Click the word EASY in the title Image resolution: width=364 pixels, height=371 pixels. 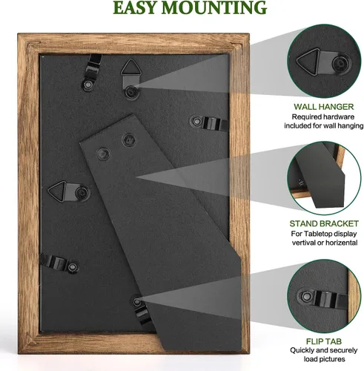[135, 7]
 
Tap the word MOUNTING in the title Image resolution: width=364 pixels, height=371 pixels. [214, 7]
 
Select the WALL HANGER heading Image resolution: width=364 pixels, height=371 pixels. [324, 107]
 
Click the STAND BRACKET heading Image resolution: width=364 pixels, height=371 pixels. [324, 223]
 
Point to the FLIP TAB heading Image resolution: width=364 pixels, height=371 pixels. [324, 341]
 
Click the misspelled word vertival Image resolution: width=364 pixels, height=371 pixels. [303, 243]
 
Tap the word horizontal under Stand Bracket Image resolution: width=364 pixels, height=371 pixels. [341, 243]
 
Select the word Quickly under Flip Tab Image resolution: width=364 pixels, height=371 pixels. [302, 350]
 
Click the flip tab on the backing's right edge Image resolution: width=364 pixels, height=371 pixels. [210, 123]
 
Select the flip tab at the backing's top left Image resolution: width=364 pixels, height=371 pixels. [91, 72]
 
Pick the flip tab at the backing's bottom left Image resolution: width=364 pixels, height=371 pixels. [59, 263]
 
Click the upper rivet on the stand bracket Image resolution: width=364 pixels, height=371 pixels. [129, 140]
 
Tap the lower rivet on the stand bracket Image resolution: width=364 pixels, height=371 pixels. [103, 154]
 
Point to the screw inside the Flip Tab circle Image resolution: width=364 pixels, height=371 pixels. [307, 296]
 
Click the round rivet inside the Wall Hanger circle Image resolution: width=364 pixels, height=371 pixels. [340, 64]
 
